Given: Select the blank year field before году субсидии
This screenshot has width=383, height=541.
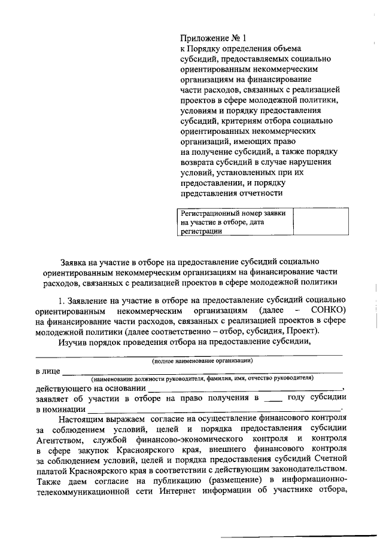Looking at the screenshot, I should tap(272, 398).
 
